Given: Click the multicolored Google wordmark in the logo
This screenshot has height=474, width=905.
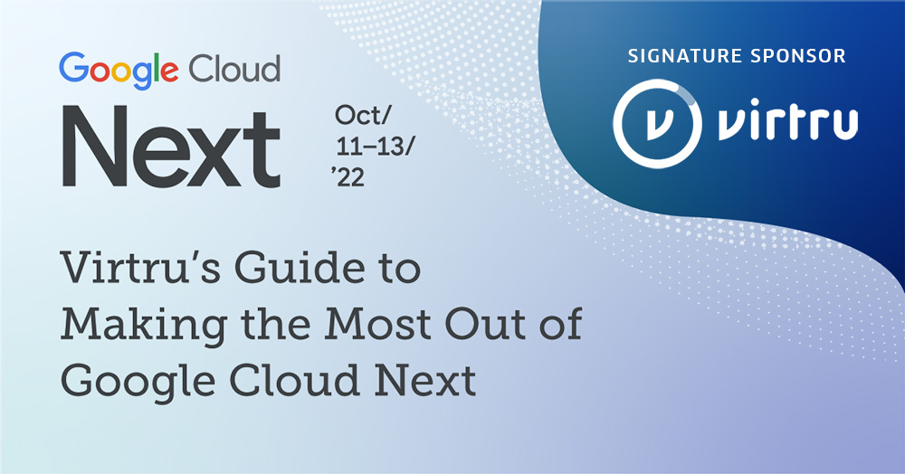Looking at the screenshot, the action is (119, 70).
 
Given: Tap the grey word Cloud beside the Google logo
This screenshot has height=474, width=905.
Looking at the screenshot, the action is (234, 68).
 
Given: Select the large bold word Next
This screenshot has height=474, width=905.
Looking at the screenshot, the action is (171, 147).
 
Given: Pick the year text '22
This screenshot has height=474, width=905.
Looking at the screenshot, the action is (348, 177).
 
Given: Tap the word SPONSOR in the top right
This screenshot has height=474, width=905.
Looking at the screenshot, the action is (798, 56).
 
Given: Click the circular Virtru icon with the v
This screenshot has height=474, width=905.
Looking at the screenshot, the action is (657, 123).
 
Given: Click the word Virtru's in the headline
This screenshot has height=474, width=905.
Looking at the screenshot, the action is (141, 268).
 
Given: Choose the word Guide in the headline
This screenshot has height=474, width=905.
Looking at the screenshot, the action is (300, 268).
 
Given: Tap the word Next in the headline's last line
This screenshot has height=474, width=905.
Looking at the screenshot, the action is (425, 381).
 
